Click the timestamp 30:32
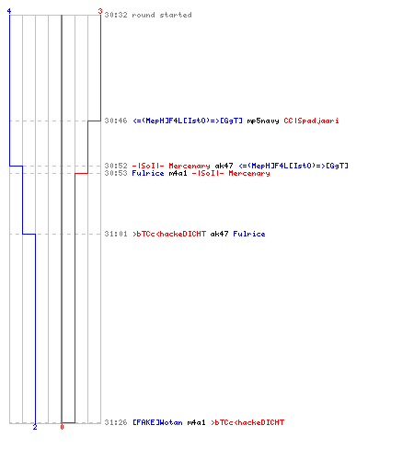tap(116, 15)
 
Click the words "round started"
tap(162, 15)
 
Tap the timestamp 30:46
tap(116, 121)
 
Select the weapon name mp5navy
tap(263, 121)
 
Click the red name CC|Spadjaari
tap(311, 121)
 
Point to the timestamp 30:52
tap(116, 166)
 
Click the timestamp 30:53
tap(116, 173)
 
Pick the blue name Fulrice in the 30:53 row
tap(148, 173)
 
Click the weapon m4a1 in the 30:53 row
tap(178, 173)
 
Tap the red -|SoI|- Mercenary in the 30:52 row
tap(171, 166)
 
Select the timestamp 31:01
tap(116, 234)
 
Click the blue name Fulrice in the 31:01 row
tap(249, 234)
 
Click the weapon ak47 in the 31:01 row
tap(219, 234)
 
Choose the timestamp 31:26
tap(116, 422)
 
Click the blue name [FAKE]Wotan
tap(157, 422)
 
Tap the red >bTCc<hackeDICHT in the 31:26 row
tap(247, 422)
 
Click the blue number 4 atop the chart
tap(9, 11)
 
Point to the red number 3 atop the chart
tap(100, 11)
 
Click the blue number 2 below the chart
tap(35, 427)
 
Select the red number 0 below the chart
tap(62, 427)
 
